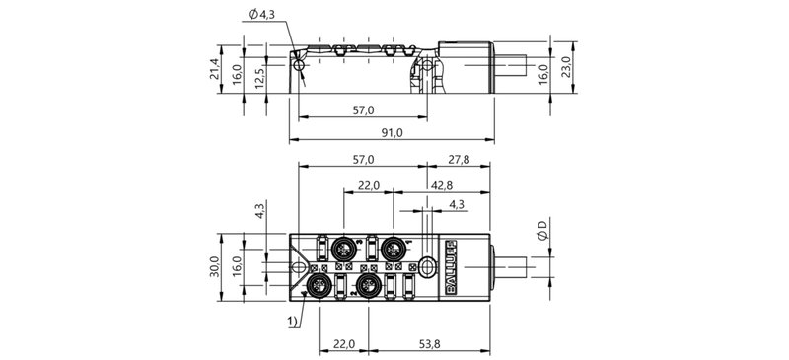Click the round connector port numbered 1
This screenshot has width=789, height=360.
pos(394,247)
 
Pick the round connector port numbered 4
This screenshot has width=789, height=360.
pos(321,287)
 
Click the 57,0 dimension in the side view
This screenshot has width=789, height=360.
pos(364,110)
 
